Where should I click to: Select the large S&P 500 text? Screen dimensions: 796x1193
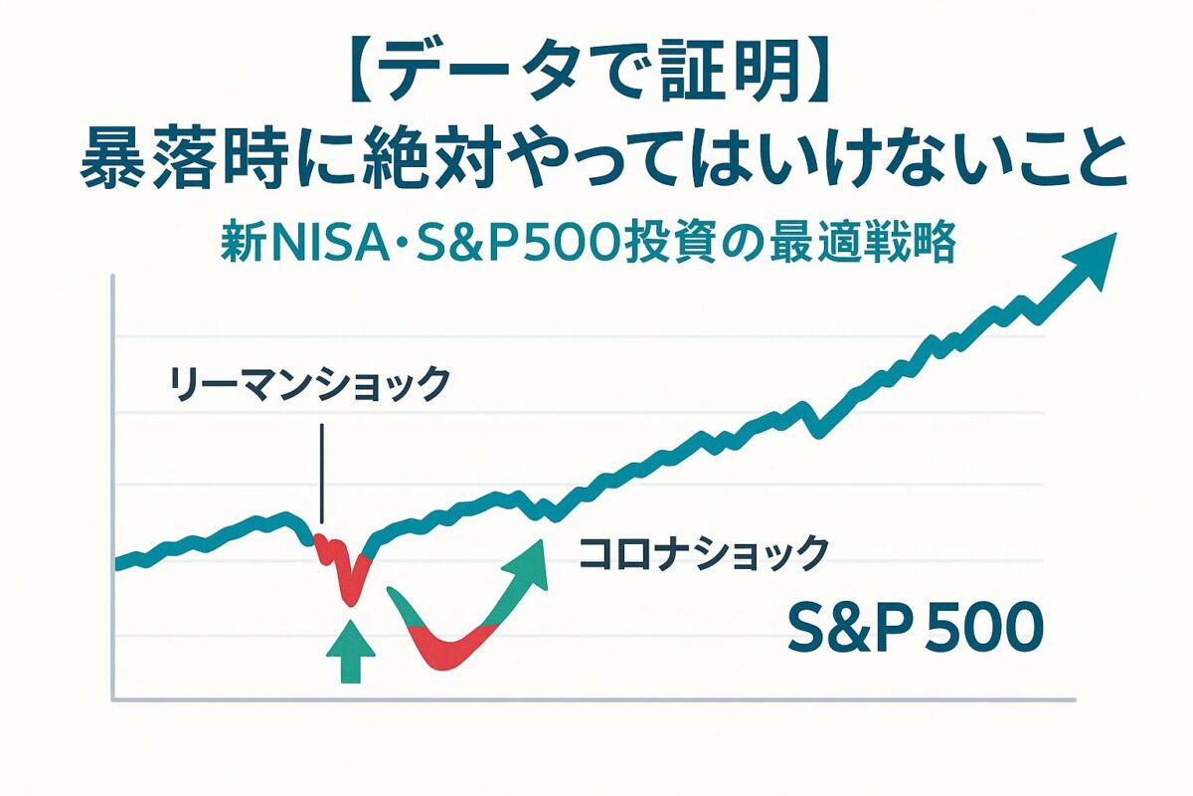(x=915, y=629)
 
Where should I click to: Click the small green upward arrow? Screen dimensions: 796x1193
(x=349, y=652)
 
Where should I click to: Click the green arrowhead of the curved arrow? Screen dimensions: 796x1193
(x=527, y=562)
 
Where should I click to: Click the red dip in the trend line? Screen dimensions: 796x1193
(x=346, y=572)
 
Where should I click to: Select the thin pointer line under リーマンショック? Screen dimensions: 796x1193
(x=322, y=473)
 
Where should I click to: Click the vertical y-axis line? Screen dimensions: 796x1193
(x=113, y=488)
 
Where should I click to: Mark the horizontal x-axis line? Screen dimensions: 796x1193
(x=596, y=698)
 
